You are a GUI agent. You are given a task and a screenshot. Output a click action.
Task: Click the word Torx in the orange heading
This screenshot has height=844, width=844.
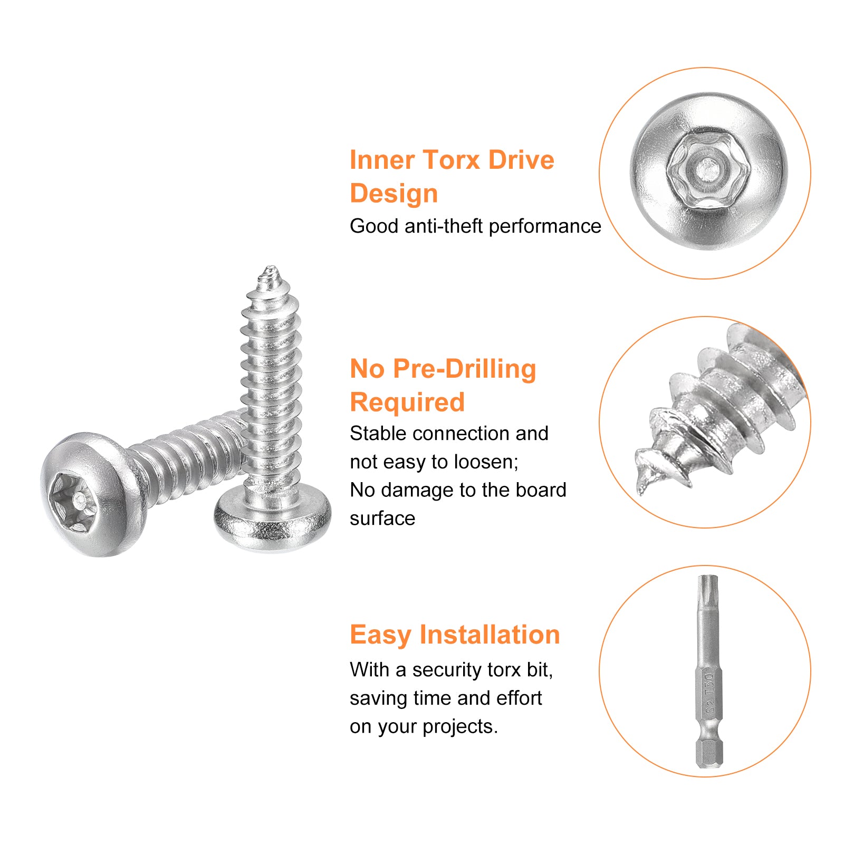pos(452,160)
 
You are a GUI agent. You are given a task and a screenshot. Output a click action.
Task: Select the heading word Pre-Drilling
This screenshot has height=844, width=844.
pos(464,369)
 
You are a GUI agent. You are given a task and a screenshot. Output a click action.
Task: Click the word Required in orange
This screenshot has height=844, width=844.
pos(407,402)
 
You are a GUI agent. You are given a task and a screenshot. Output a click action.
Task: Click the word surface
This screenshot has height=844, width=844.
pos(382,519)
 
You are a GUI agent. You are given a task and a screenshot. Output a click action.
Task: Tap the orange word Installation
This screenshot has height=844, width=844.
pos(490,635)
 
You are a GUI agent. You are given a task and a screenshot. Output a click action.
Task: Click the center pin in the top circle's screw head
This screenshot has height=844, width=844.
pos(706,169)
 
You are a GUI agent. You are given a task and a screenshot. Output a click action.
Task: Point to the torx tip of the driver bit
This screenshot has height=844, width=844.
pos(707,586)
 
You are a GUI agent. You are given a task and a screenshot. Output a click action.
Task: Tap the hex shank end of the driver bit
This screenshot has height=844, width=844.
pos(708,752)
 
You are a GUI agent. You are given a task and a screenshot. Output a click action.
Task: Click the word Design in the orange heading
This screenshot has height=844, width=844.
pos(394,194)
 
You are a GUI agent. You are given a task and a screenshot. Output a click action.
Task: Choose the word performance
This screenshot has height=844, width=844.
pos(545,226)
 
